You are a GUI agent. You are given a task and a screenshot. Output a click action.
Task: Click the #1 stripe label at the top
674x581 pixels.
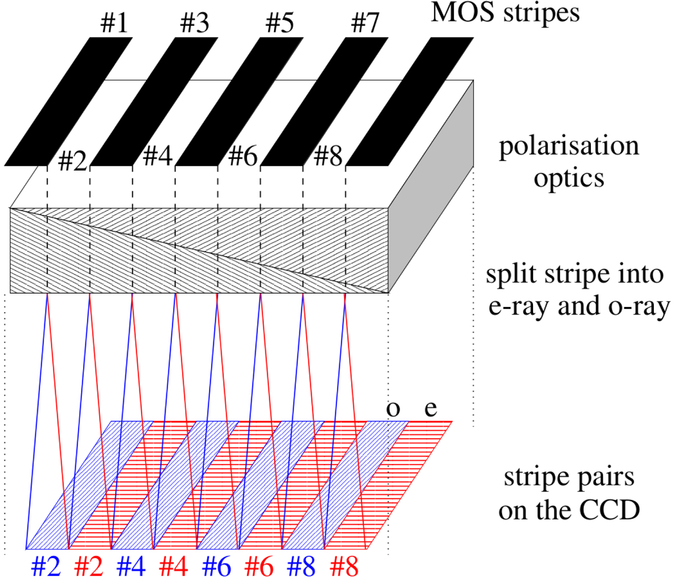(113, 24)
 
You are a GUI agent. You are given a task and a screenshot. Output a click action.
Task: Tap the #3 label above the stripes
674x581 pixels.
(195, 24)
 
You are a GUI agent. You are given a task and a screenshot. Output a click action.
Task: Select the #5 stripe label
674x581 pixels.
(280, 24)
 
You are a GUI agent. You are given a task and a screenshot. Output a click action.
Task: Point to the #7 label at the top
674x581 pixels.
(365, 24)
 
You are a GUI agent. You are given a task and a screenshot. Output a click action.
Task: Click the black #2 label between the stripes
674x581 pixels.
(73, 161)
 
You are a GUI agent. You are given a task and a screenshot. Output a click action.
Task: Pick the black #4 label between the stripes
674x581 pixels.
(158, 157)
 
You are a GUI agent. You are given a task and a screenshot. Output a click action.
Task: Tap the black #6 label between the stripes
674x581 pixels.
(243, 157)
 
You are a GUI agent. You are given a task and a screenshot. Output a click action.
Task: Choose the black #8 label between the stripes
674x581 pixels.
(328, 157)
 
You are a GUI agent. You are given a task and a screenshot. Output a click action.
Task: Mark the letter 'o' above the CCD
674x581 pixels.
(394, 409)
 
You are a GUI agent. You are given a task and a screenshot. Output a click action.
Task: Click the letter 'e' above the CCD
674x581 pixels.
(431, 409)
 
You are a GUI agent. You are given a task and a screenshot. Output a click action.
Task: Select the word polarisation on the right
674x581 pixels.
(569, 146)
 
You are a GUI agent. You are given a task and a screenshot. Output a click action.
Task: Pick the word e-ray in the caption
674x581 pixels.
(516, 307)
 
